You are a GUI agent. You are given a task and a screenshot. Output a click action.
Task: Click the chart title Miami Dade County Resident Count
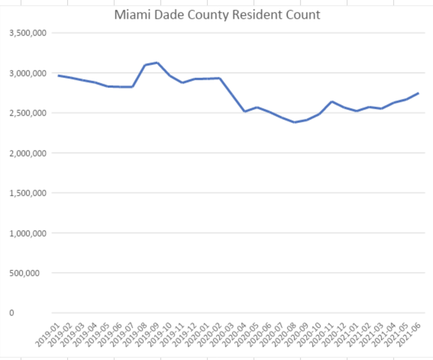(217, 15)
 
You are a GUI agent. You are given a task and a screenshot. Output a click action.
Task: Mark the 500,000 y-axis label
(24, 273)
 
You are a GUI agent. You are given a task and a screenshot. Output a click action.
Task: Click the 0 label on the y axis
(12, 313)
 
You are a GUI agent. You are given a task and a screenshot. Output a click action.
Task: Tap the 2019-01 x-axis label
(47, 335)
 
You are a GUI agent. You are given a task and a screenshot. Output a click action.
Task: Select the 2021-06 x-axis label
(408, 335)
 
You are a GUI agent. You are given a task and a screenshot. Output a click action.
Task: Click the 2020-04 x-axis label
(234, 335)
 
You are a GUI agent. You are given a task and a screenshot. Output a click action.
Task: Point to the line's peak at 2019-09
(157, 63)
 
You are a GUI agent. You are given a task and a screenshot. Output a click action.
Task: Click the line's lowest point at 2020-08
(295, 122)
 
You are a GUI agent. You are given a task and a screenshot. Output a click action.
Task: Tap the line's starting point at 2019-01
(58, 75)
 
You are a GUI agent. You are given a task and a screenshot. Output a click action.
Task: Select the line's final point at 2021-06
(419, 94)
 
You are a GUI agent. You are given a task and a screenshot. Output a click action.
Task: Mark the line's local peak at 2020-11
(332, 102)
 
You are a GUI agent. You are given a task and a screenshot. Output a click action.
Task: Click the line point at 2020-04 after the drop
(245, 112)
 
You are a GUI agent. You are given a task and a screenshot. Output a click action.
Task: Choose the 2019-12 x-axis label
(184, 335)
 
